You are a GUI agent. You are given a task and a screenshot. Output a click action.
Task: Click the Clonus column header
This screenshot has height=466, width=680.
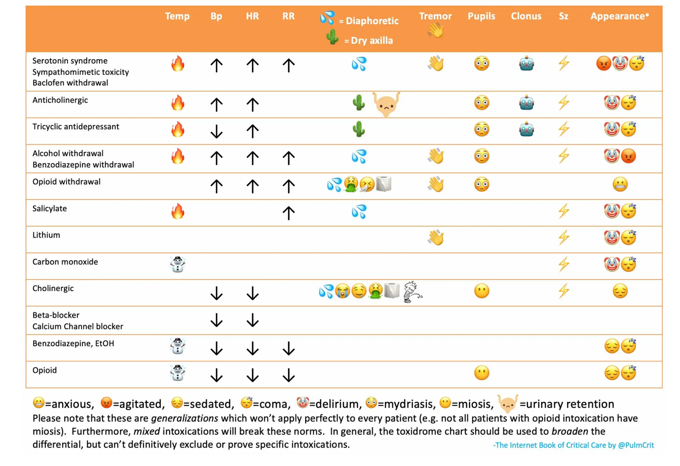click(526, 16)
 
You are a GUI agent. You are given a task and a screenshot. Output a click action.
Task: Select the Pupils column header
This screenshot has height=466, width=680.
click(481, 16)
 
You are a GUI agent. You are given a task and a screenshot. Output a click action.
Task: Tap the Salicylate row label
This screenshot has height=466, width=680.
click(50, 209)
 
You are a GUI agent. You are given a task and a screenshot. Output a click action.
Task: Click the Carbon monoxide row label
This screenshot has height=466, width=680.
click(65, 262)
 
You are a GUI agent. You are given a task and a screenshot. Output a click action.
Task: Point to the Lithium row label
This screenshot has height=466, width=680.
click(46, 235)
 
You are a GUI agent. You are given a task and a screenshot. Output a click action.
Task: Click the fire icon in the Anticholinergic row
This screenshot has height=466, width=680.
click(178, 103)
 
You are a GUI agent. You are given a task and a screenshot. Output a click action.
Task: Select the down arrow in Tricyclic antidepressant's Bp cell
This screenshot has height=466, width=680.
click(216, 131)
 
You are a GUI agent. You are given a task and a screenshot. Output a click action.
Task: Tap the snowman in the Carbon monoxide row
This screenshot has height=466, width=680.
click(178, 264)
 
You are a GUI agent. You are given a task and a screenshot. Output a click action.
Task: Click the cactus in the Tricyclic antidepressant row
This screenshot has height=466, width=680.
click(359, 129)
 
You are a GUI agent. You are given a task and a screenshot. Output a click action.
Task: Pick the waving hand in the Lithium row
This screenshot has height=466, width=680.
click(436, 237)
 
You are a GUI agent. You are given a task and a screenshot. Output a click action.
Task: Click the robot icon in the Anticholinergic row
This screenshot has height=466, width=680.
click(526, 103)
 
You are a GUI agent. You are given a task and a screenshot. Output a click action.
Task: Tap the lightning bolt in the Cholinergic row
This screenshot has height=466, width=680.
click(563, 291)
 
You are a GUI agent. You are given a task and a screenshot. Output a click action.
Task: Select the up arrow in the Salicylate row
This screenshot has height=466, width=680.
click(289, 213)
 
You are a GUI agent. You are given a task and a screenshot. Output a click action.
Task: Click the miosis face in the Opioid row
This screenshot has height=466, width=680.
click(481, 373)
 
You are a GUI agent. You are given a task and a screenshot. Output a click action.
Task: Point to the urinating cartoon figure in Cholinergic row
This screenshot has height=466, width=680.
click(412, 292)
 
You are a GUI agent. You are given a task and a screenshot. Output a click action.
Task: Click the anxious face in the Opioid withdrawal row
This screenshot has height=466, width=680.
click(620, 184)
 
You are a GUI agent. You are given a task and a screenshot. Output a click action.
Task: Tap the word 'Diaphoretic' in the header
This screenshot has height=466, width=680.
click(372, 21)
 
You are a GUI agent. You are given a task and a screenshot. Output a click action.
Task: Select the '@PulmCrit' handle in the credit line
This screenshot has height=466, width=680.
click(636, 445)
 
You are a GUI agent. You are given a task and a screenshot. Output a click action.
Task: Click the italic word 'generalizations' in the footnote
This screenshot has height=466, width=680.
click(184, 418)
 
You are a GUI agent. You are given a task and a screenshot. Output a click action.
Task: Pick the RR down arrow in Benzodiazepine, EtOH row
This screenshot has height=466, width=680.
click(289, 348)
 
